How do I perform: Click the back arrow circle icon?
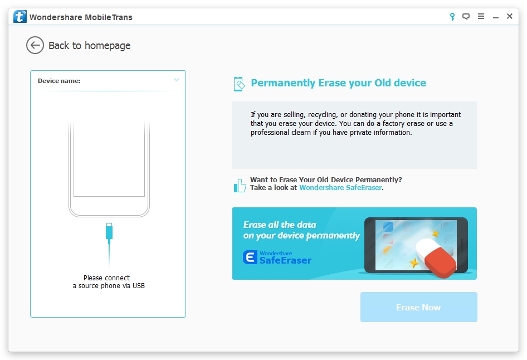(35, 45)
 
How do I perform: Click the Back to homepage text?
(89, 45)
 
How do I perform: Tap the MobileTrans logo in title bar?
(20, 17)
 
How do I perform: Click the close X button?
(510, 16)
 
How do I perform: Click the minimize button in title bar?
(496, 17)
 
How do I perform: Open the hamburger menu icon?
(481, 16)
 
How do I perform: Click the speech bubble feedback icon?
(466, 17)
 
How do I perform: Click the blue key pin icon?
(452, 17)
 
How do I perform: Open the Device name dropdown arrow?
(177, 80)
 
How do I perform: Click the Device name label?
(59, 81)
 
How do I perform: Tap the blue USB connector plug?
(109, 232)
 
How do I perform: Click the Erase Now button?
(418, 307)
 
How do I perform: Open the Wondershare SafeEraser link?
(340, 188)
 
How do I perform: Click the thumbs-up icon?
(240, 186)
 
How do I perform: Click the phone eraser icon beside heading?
(239, 84)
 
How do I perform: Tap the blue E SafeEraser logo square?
(250, 257)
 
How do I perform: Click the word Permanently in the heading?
(283, 83)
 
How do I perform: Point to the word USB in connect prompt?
(139, 286)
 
